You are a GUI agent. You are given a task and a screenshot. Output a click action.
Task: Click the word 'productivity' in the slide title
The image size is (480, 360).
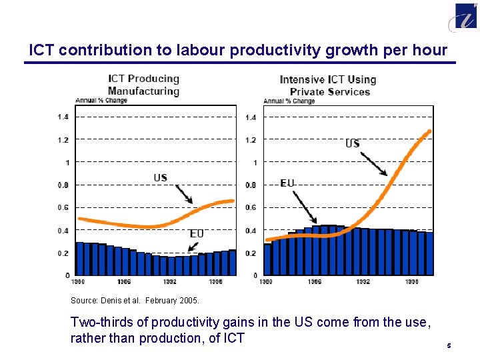pos(293,50)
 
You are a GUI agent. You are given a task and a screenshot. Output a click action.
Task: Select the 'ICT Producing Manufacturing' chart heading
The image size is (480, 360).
pos(143,85)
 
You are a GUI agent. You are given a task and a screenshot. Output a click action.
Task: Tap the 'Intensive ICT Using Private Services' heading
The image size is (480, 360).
pos(328,85)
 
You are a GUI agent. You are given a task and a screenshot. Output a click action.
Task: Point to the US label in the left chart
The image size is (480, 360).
pos(161,177)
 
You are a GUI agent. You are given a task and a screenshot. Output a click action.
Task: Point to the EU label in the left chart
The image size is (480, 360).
pos(197,233)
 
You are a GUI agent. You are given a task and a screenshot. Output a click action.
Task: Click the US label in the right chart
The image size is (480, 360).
pos(353,143)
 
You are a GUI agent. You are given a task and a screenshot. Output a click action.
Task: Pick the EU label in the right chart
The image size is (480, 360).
pos(287,183)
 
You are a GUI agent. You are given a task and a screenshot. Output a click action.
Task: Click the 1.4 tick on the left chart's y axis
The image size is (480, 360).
pos(63,117)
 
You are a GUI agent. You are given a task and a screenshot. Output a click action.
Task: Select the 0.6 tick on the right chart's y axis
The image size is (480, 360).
pos(251,208)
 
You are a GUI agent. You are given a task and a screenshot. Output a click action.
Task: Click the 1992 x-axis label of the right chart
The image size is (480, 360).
pos(362,281)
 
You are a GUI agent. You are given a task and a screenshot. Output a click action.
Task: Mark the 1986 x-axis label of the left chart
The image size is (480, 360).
pos(125,281)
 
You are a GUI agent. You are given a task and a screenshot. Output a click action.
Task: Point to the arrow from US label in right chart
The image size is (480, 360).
pos(374,163)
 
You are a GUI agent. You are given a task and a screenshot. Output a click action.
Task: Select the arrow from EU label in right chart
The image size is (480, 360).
pos(306,207)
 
